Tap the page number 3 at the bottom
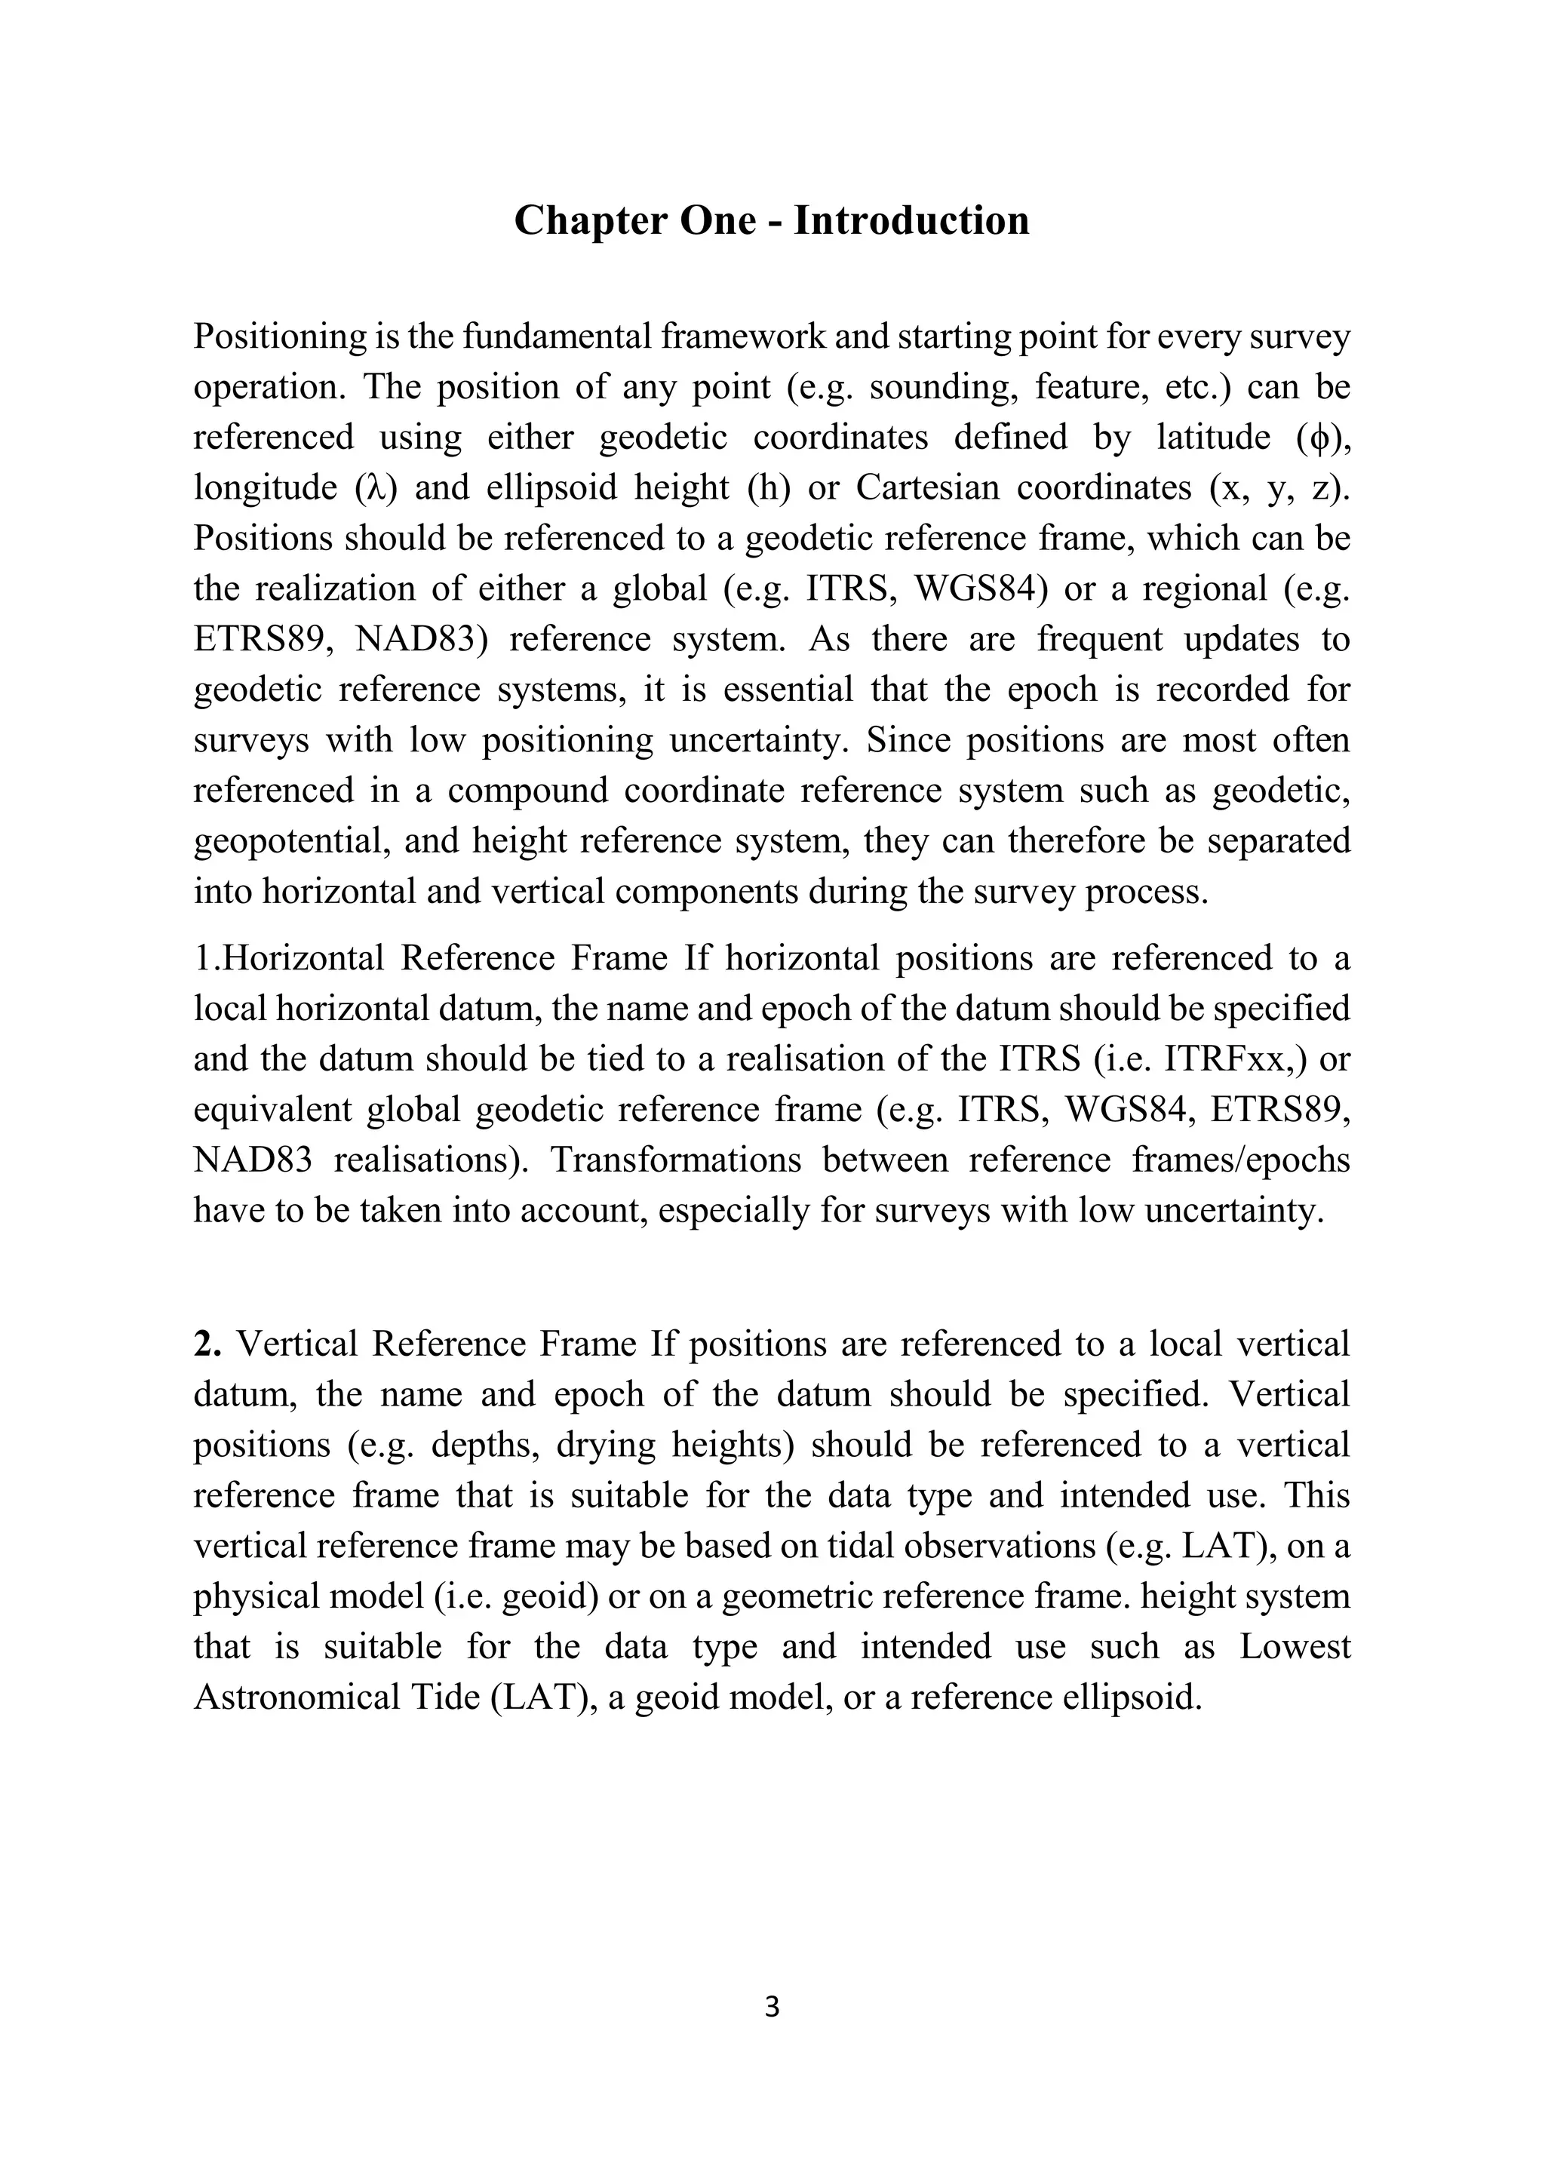click(772, 2007)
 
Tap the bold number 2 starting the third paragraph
click(204, 1344)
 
